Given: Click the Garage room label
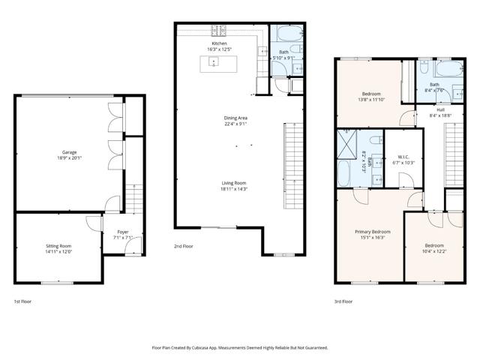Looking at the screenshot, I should (x=69, y=152).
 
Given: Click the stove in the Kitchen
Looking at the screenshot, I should (x=219, y=31).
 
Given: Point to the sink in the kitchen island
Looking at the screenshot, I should (x=214, y=64).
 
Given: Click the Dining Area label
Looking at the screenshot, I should (x=236, y=118).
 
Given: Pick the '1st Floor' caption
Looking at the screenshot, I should (x=22, y=301).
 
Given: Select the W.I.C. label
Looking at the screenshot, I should (x=403, y=157).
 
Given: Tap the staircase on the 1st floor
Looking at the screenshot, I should (x=133, y=199).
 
